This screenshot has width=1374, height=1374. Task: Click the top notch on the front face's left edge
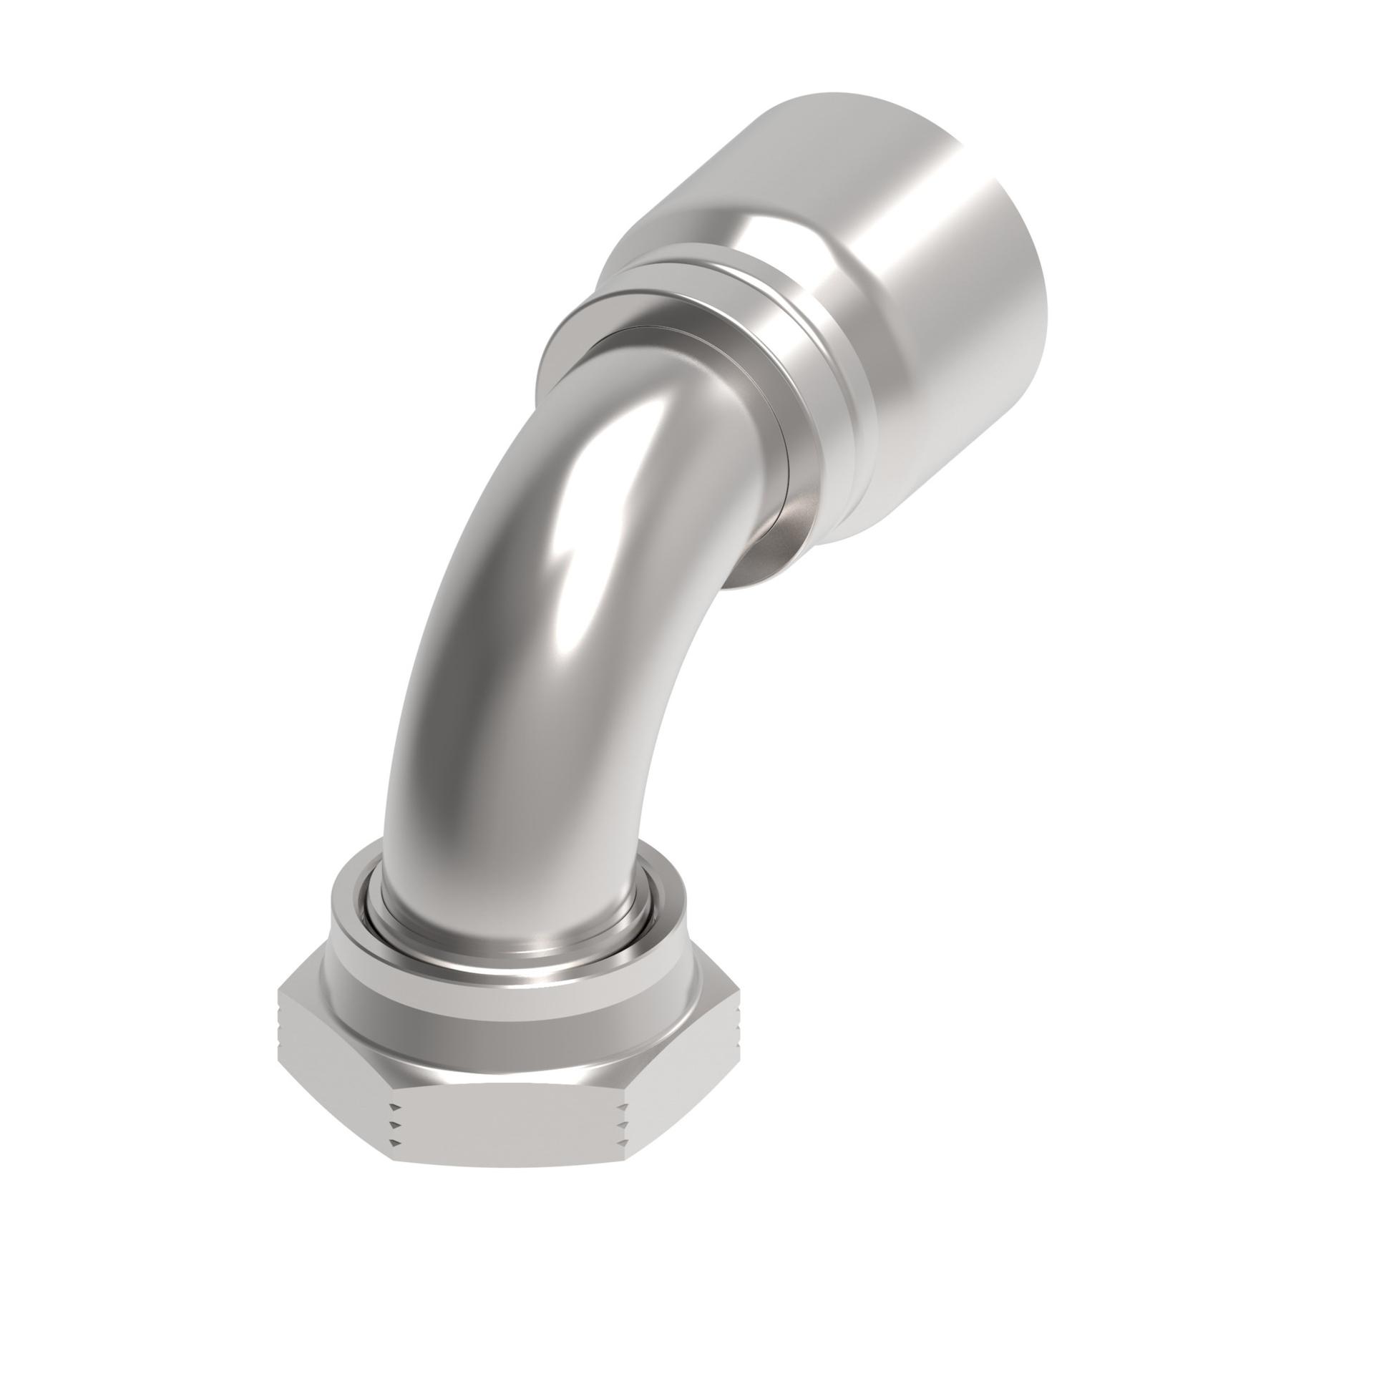click(x=393, y=1106)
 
